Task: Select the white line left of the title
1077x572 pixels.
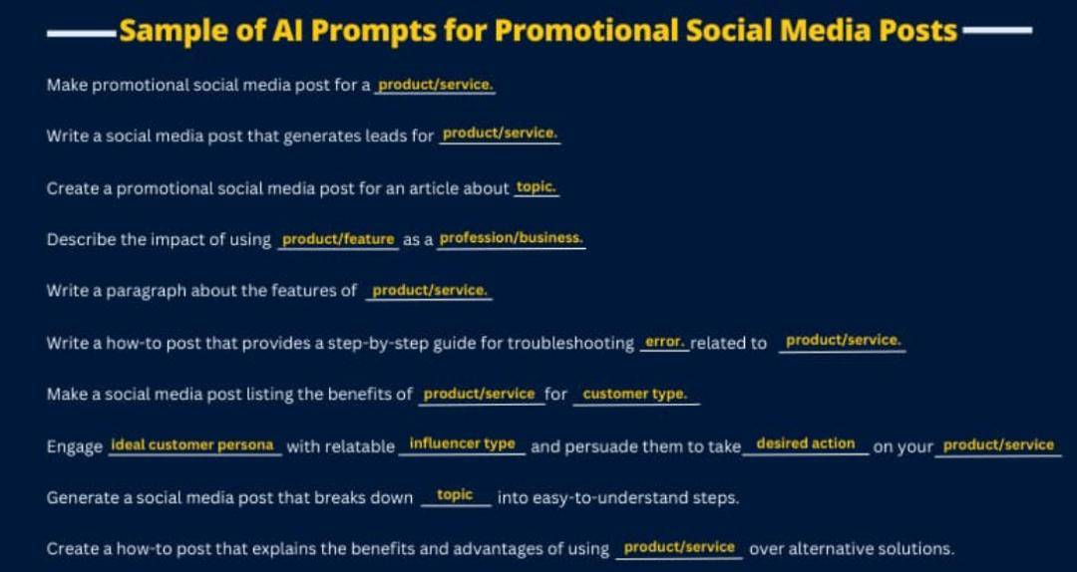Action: pos(83,31)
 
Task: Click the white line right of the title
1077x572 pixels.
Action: pos(996,30)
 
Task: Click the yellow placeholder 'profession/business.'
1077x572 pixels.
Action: pos(511,238)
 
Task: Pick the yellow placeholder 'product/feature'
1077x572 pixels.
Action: pos(339,239)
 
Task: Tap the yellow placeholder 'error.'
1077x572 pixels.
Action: pos(665,341)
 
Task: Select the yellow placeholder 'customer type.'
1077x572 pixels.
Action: pos(634,395)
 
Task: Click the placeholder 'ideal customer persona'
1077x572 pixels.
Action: pos(192,445)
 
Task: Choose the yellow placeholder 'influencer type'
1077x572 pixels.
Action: pos(463,443)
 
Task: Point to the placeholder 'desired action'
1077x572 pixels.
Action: pos(806,443)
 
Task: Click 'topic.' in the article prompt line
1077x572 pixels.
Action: pos(537,187)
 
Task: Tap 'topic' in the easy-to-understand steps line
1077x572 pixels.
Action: pos(455,495)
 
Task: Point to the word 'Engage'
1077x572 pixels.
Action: pos(74,447)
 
